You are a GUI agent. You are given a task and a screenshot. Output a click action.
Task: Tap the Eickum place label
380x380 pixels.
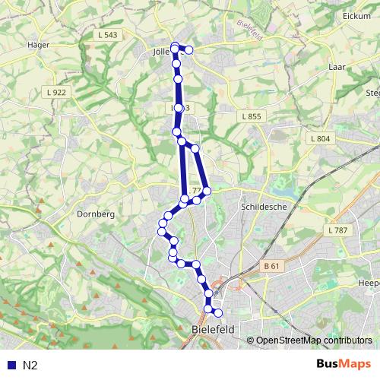(x=356, y=15)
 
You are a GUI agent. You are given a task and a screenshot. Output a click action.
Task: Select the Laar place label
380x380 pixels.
(x=337, y=67)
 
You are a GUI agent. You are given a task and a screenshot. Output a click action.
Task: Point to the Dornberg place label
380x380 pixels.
(x=95, y=214)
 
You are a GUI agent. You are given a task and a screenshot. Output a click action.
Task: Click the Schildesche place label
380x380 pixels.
(x=261, y=206)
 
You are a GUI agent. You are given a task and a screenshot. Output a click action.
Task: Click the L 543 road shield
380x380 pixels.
(x=107, y=35)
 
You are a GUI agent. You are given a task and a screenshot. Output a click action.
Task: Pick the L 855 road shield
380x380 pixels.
(x=252, y=116)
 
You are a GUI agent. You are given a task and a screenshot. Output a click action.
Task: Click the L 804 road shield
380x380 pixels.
(x=320, y=138)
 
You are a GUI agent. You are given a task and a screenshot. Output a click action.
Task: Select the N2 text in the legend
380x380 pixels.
(x=30, y=365)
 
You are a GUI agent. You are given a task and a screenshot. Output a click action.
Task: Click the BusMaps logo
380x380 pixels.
(x=344, y=364)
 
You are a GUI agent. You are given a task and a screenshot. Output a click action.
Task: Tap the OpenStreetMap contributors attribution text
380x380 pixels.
(x=314, y=340)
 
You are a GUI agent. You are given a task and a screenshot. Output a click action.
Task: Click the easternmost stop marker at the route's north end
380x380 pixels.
(x=189, y=50)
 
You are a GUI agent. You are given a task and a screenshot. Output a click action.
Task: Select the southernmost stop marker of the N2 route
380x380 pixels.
(x=218, y=312)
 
